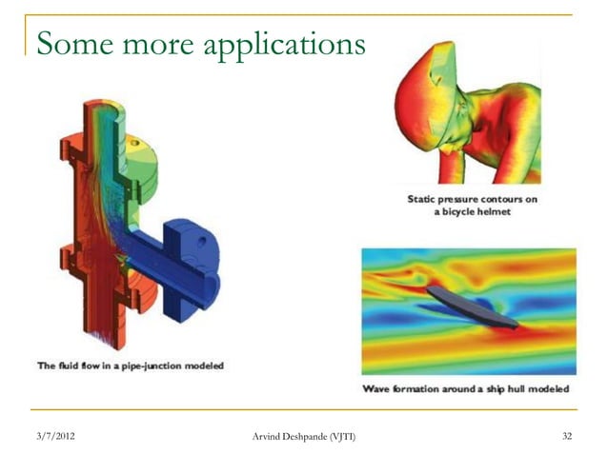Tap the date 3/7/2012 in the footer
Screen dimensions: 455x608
tap(56, 436)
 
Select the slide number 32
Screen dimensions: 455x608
tap(567, 436)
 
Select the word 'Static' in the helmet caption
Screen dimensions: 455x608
tap(425, 199)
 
